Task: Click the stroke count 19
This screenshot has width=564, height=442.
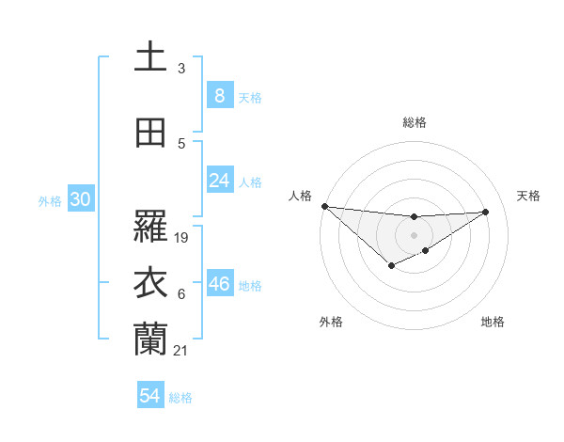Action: click(x=182, y=238)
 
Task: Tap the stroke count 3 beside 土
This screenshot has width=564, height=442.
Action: click(x=181, y=69)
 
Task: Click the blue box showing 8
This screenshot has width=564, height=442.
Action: click(x=219, y=96)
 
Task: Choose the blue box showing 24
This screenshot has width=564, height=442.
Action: click(x=219, y=181)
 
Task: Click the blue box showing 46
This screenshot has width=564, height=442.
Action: click(x=220, y=284)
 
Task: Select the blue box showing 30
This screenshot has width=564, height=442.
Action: click(x=80, y=199)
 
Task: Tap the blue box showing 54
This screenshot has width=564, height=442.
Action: click(x=149, y=396)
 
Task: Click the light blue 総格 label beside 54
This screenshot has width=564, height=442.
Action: click(x=180, y=398)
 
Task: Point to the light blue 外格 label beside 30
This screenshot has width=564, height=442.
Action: click(x=50, y=201)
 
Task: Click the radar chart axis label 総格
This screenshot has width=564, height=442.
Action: click(x=414, y=122)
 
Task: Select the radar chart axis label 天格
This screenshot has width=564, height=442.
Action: click(x=529, y=196)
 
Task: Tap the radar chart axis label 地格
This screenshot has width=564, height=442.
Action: click(x=493, y=322)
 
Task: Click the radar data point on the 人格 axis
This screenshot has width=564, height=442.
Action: click(x=324, y=206)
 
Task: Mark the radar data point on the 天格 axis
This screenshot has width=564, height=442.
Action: click(x=486, y=212)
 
